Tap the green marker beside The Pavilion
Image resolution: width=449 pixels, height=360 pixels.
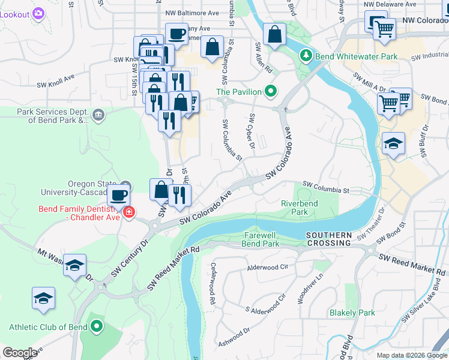coord(271,92)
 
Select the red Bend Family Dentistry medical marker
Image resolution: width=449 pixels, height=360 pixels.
coord(128,212)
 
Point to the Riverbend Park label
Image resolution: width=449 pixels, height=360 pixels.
coord(299,208)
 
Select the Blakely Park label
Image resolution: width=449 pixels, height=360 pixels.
coord(352,313)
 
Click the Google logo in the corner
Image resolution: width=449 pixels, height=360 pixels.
coord(20,353)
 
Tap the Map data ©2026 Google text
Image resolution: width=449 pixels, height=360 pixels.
coord(411,355)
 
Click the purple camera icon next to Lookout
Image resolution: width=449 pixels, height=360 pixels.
coord(38,13)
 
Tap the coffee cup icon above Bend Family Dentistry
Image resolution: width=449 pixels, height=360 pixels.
coord(119,194)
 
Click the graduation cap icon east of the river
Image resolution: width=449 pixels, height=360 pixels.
coord(394,143)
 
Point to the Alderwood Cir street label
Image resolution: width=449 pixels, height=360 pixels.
coord(268,265)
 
